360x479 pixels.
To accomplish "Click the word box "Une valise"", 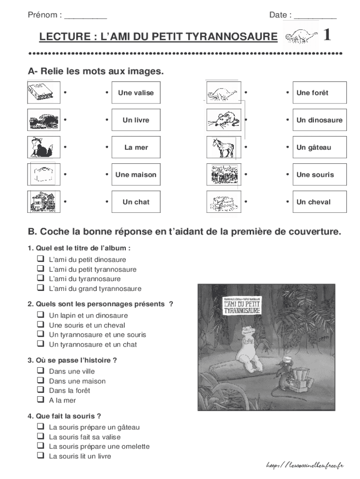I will point(136,93).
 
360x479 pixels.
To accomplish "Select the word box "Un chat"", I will point(136,202).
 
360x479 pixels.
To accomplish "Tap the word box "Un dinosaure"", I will point(319,120).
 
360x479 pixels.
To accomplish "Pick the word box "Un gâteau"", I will point(319,147).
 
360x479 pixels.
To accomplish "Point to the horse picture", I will point(223,147).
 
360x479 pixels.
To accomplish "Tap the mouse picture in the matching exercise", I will point(223,120).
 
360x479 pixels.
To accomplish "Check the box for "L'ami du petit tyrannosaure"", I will point(40,269).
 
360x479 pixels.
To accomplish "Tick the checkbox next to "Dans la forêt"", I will point(40,390).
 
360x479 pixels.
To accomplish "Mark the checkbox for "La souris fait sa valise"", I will point(40,436).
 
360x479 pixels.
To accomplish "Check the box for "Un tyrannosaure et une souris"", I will point(40,334).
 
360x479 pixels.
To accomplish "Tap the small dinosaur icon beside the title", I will point(300,36).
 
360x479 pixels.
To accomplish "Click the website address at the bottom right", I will point(304,465).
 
